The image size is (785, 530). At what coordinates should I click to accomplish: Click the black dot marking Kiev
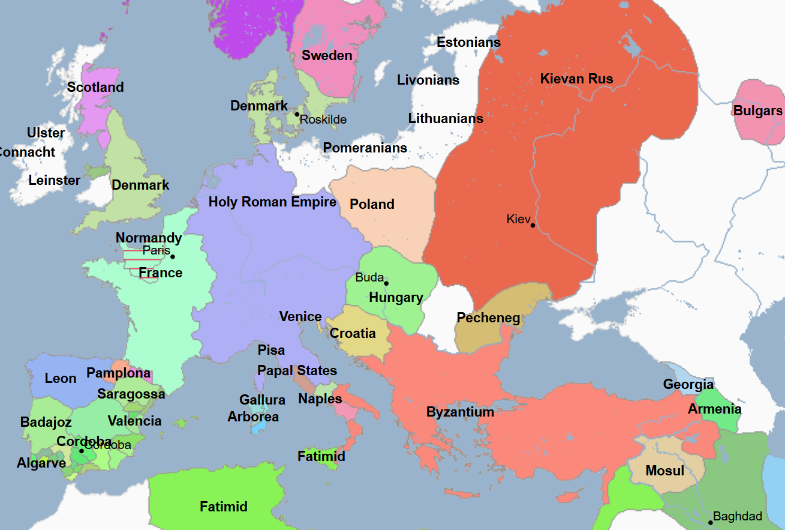[x=533, y=225]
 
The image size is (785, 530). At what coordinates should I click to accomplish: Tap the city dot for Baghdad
[x=711, y=522]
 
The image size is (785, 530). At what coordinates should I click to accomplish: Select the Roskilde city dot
[x=297, y=114]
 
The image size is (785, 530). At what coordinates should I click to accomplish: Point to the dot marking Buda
[x=386, y=283]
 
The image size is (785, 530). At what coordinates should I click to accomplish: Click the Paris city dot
[x=173, y=257]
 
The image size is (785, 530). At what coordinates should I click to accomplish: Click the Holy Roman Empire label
[x=272, y=202]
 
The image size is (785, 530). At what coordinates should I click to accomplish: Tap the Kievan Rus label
[x=576, y=79]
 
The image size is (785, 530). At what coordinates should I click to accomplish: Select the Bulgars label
[x=758, y=111]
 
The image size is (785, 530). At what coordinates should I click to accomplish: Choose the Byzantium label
[x=460, y=412]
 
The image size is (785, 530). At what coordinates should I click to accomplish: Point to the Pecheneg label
[x=488, y=318]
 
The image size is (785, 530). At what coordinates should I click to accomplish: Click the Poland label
[x=372, y=204]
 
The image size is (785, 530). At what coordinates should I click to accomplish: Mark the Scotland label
[x=95, y=87]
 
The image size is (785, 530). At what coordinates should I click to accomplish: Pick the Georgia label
[x=688, y=384]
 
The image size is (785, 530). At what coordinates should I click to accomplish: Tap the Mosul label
[x=664, y=471]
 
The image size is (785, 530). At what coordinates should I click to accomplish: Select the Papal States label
[x=297, y=370]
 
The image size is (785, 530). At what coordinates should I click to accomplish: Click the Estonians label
[x=468, y=42]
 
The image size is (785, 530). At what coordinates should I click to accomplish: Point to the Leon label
[x=61, y=378]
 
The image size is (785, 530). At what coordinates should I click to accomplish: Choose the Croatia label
[x=353, y=333]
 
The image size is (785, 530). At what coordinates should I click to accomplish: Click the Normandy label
[x=149, y=238]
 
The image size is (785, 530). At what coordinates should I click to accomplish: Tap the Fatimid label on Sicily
[x=321, y=456]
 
